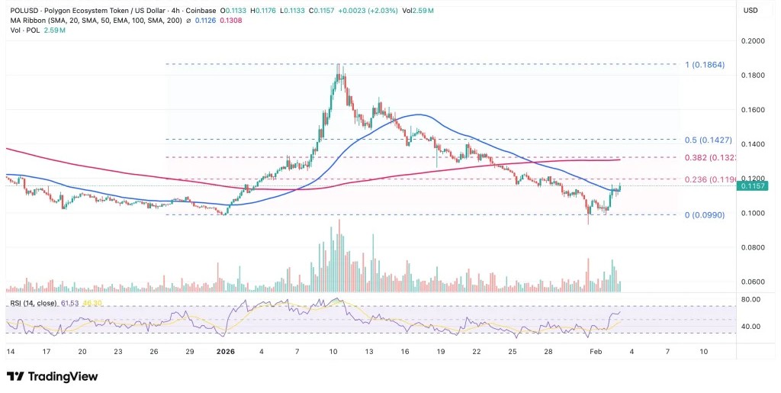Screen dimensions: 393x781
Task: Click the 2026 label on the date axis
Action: click(226, 352)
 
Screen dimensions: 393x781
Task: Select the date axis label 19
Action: click(441, 352)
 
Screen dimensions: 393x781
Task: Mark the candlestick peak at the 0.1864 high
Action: click(338, 66)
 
